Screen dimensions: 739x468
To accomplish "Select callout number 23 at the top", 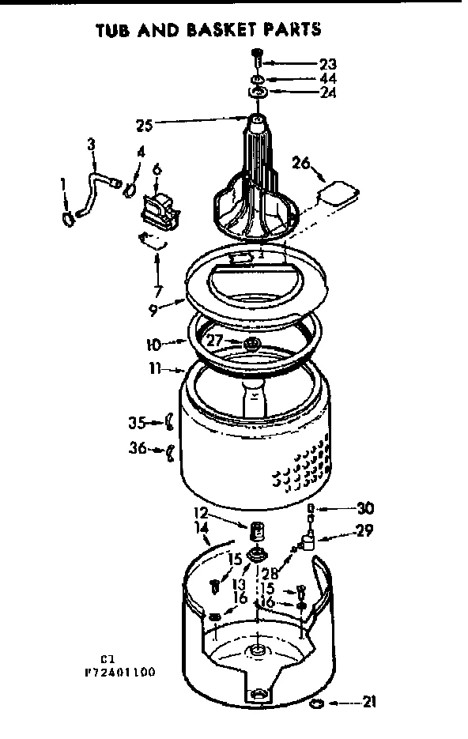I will (x=328, y=64).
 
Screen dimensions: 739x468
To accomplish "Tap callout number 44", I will (x=328, y=79).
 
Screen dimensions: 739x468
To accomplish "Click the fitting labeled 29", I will (x=310, y=541).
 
